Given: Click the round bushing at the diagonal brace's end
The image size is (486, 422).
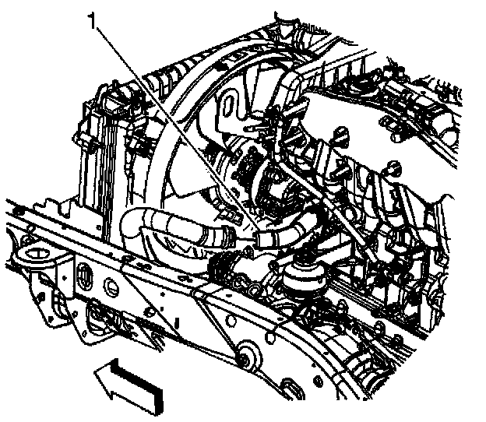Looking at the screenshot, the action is (248, 357).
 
